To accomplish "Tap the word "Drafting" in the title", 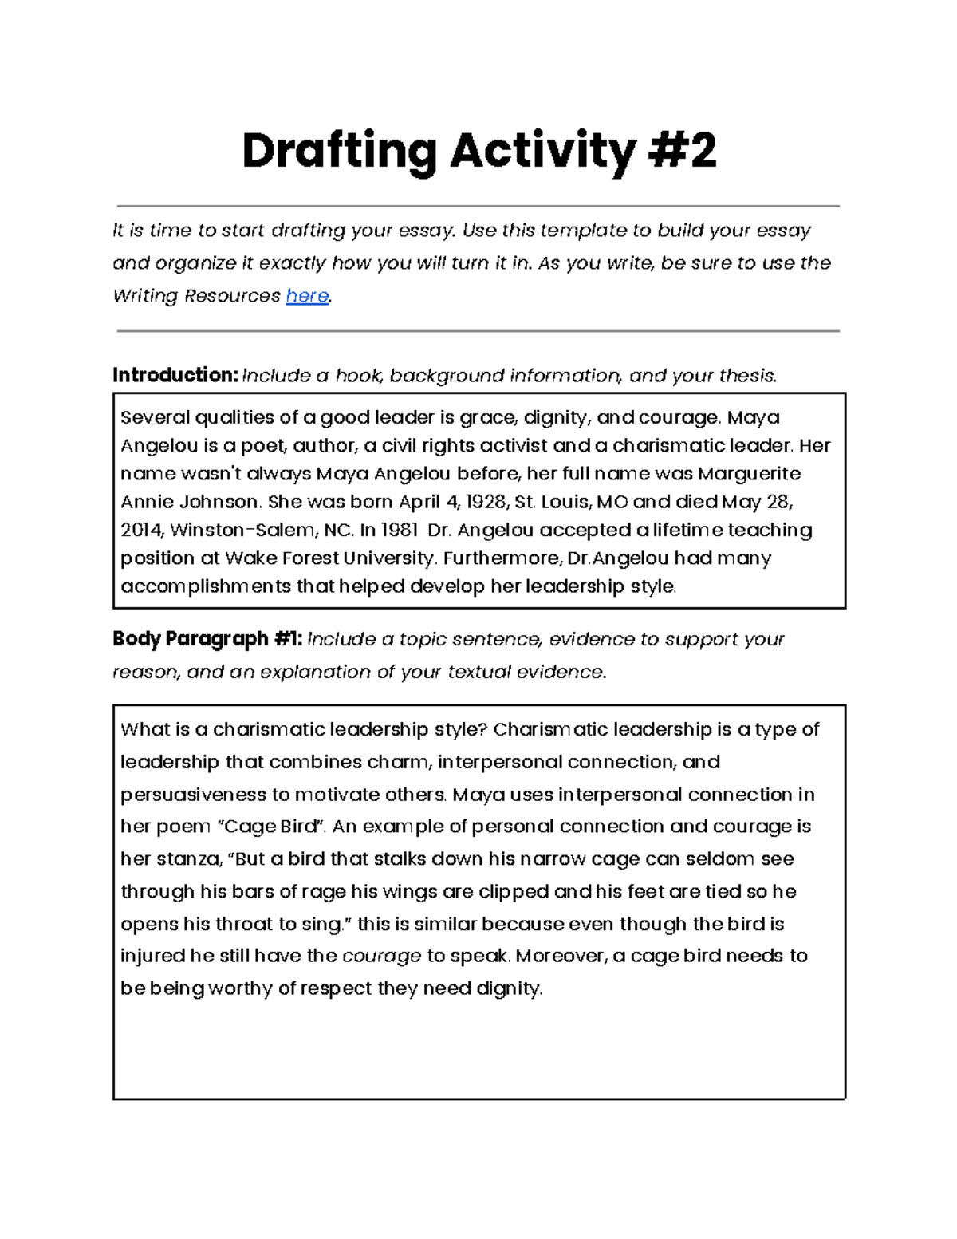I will pos(339,151).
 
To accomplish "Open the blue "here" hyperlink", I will pos(307,296).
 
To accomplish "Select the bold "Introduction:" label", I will pos(175,375).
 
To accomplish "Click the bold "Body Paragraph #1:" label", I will pos(207,639).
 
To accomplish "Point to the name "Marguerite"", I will pos(749,474).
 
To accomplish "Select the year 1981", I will pos(400,531).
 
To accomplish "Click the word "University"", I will pos(387,558).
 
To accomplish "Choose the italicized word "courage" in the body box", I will pos(381,956).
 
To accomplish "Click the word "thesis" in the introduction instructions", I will pos(746,375).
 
